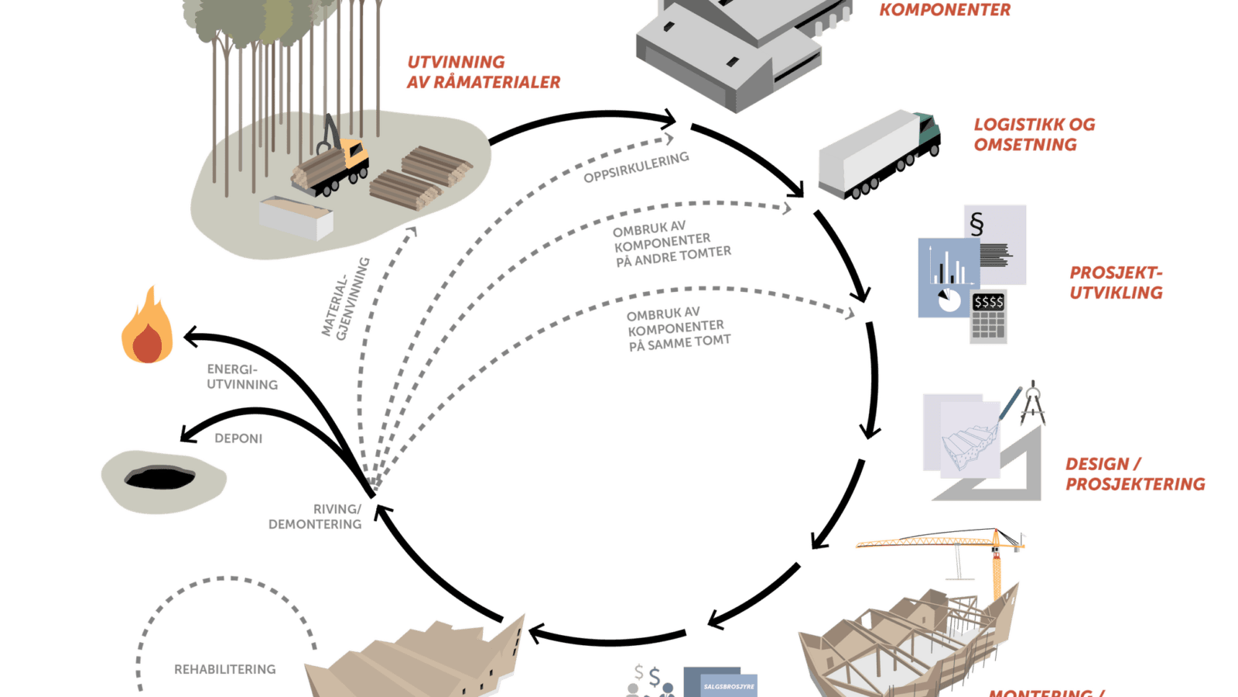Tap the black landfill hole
tap(161, 477)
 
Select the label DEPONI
tap(238, 438)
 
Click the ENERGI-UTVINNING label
tap(241, 377)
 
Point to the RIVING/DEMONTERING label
tap(316, 517)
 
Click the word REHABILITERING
tap(224, 669)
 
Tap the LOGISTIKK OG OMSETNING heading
tap(1033, 135)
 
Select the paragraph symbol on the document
tap(976, 225)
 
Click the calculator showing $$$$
tap(988, 318)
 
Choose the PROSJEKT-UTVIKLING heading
tap(1116, 283)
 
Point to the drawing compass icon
tap(1032, 403)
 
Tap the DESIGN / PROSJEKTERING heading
tap(1134, 474)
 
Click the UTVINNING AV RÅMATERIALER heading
tap(483, 72)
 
